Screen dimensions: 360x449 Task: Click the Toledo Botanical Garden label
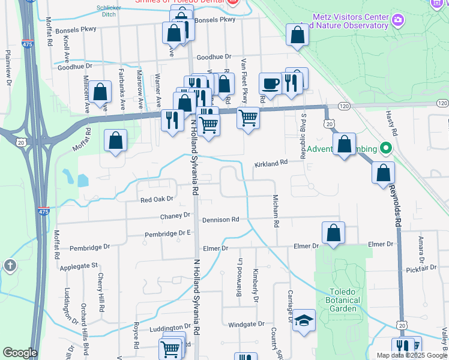[343, 301]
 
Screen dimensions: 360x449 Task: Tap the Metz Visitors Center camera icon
[397, 21]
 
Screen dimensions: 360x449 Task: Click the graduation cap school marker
[305, 320]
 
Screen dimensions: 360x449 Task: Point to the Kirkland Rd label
[271, 162]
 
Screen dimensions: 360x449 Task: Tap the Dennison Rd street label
[220, 220]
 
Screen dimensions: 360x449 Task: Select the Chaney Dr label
[175, 215]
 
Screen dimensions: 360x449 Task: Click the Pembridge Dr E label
[167, 233]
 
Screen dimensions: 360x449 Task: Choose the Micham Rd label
[276, 211]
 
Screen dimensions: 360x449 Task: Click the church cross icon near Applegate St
[10, 265]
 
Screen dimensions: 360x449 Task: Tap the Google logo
[20, 352]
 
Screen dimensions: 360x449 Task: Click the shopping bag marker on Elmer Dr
[334, 233]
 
